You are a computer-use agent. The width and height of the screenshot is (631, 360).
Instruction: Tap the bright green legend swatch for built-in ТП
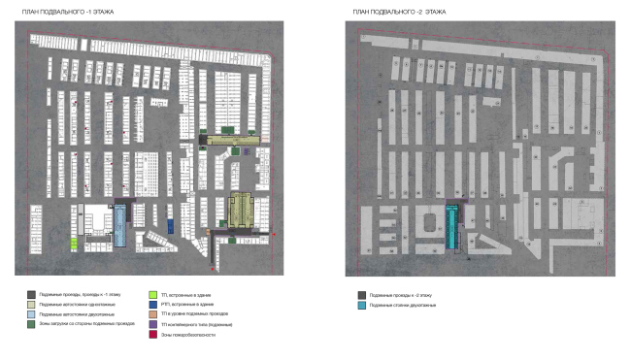point(152,294)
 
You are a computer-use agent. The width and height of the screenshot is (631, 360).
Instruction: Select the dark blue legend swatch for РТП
point(152,305)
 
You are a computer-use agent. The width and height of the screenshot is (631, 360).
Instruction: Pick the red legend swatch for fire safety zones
point(152,336)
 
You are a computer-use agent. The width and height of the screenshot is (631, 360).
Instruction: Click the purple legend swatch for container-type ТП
point(152,325)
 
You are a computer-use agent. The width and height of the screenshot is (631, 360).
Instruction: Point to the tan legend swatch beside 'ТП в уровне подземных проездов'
point(152,315)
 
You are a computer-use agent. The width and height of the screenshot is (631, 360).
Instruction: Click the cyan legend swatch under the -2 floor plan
point(361,305)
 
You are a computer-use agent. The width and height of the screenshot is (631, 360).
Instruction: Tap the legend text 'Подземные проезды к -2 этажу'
point(398,294)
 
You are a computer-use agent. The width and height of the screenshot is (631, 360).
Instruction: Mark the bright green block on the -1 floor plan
point(74,243)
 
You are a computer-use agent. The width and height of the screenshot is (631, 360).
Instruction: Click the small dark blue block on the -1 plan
point(169,225)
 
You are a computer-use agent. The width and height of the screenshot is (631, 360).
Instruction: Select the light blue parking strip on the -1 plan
point(119,225)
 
